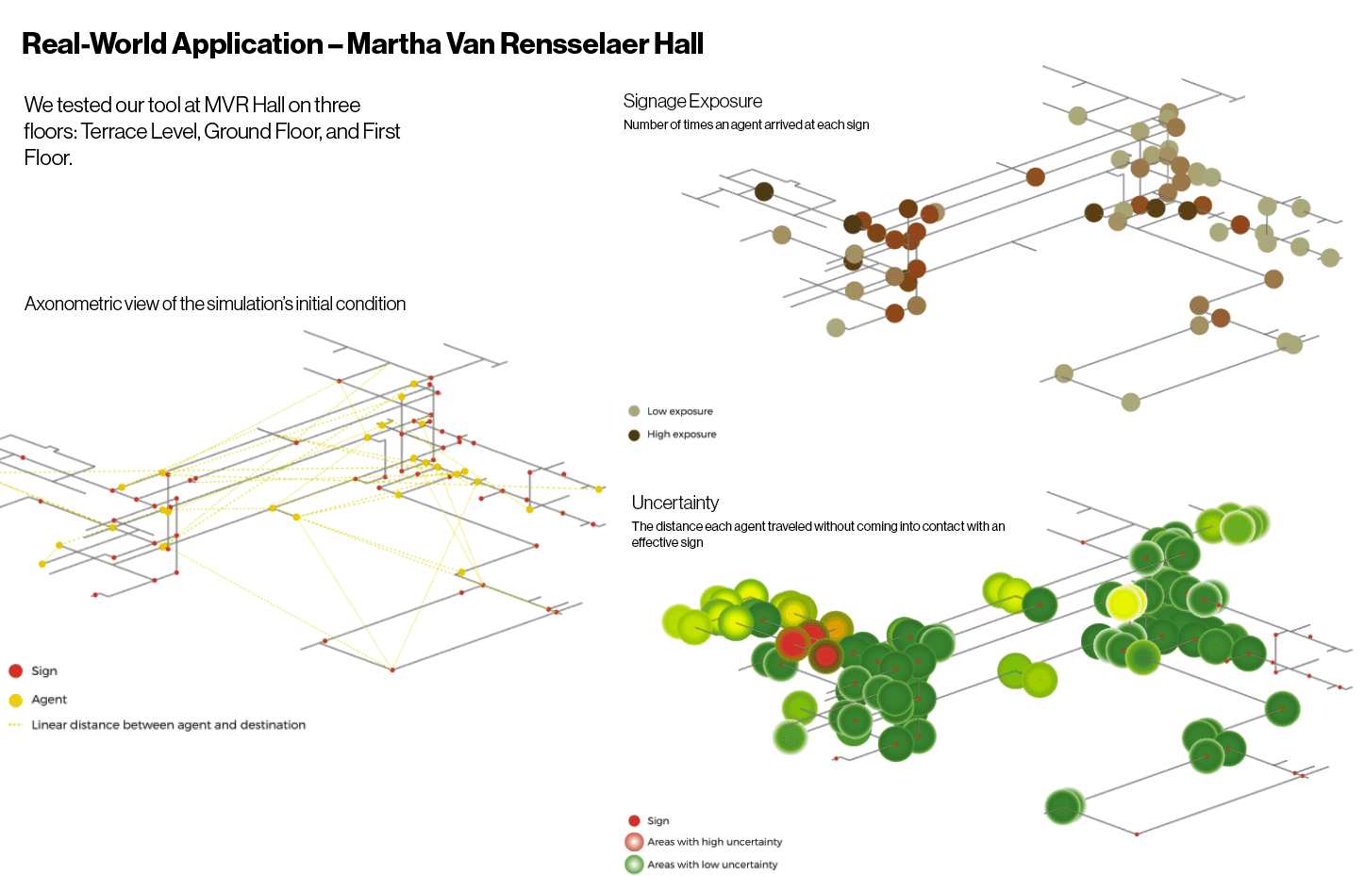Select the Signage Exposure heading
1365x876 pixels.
[692, 101]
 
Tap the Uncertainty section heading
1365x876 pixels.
[675, 503]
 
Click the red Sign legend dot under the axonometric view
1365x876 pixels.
[16, 670]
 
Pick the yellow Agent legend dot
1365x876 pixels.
[16, 700]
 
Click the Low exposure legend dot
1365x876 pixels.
[634, 411]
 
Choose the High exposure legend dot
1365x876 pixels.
[634, 435]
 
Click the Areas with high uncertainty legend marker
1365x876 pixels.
[634, 842]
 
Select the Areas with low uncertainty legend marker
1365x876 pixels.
[634, 865]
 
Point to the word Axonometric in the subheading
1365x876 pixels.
[74, 304]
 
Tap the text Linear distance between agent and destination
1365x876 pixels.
[169, 725]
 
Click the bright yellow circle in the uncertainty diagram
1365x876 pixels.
[1124, 603]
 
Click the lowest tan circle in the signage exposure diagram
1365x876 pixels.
[1130, 402]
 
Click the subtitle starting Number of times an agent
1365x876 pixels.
[746, 124]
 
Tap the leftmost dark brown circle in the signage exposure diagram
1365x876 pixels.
[764, 191]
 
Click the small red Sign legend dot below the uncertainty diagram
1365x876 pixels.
[634, 820]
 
